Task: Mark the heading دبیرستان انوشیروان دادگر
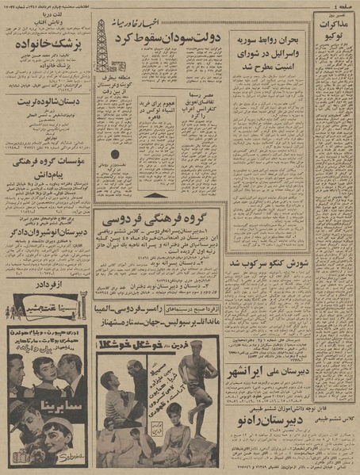pos(48,256)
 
